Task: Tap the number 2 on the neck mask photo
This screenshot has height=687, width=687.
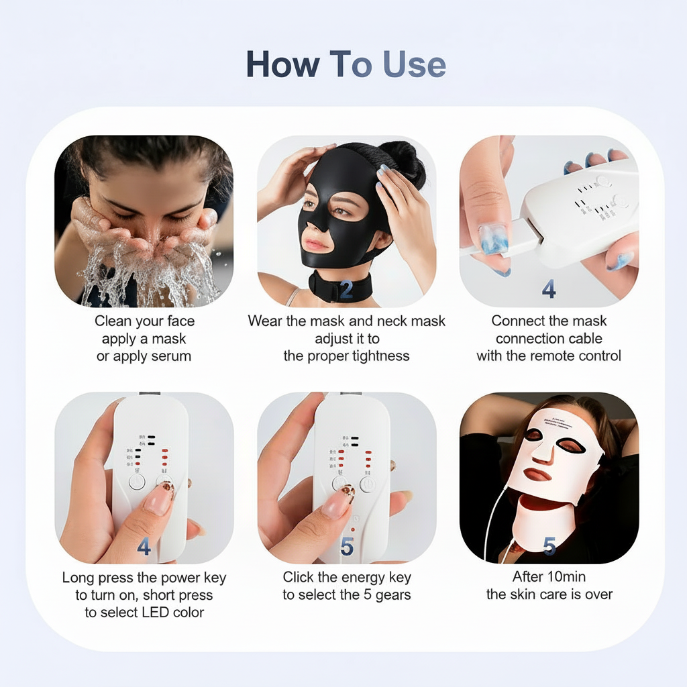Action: click(346, 289)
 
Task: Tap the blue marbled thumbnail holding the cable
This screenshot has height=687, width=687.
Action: click(493, 239)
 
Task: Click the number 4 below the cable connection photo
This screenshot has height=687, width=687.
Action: click(549, 289)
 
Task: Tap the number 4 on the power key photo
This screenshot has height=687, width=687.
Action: click(144, 547)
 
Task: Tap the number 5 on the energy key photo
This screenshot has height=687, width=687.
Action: click(347, 547)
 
